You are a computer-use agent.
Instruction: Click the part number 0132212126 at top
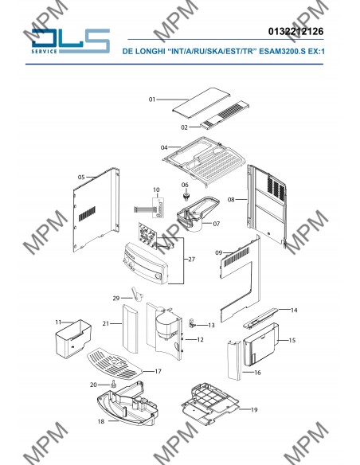pyautogui.click(x=295, y=31)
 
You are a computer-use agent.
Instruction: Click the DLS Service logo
pyautogui.click(x=71, y=41)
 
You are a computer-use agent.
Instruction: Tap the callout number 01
pyautogui.click(x=152, y=100)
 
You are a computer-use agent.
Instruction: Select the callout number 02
pyautogui.click(x=184, y=127)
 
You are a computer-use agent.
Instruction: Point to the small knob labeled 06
pyautogui.click(x=186, y=196)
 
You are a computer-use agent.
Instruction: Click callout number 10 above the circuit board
pyautogui.click(x=156, y=190)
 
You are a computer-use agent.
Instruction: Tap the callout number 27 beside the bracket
pyautogui.click(x=192, y=260)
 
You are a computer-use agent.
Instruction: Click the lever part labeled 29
pyautogui.click(x=136, y=294)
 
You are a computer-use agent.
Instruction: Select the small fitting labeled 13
pyautogui.click(x=193, y=323)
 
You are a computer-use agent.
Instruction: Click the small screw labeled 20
pyautogui.click(x=112, y=384)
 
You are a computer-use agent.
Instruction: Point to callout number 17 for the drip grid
pyautogui.click(x=158, y=371)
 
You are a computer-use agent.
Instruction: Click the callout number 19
pyautogui.click(x=254, y=410)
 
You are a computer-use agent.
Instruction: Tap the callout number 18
pyautogui.click(x=101, y=421)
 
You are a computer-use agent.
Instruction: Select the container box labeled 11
pyautogui.click(x=73, y=338)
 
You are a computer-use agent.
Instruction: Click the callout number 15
pyautogui.click(x=292, y=340)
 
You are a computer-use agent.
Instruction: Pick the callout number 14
pyautogui.click(x=294, y=311)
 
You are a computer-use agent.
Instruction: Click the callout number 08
pyautogui.click(x=231, y=200)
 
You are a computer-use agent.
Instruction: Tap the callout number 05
pyautogui.click(x=81, y=177)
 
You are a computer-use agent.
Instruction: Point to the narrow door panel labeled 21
pyautogui.click(x=130, y=329)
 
